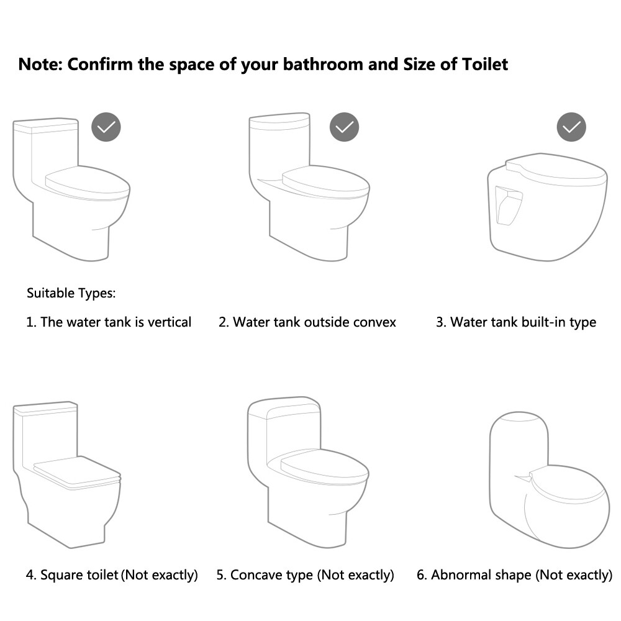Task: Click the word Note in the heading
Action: (x=40, y=65)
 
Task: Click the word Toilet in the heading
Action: (x=485, y=65)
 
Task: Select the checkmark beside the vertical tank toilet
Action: (x=106, y=127)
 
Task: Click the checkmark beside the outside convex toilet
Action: (x=344, y=127)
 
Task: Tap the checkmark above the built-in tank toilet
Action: (x=571, y=127)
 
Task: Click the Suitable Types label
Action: (x=71, y=293)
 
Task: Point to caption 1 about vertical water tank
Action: (x=109, y=322)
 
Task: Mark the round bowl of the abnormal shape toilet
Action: (x=567, y=507)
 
